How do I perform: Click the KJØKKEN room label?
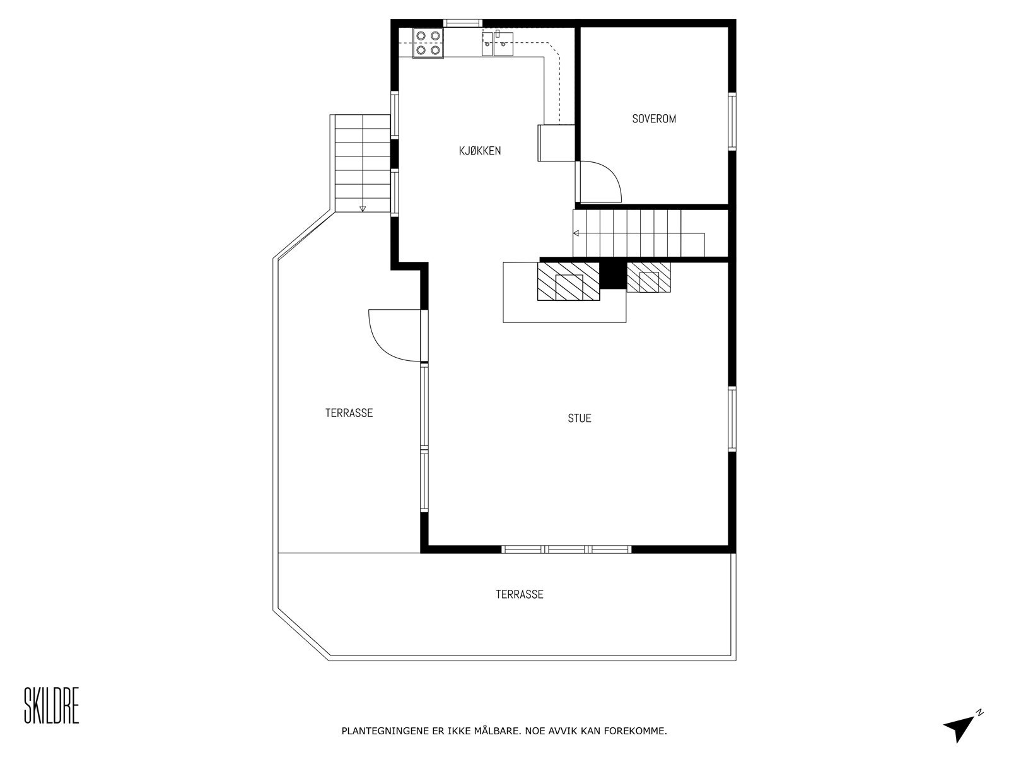[480, 151]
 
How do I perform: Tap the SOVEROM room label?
[654, 119]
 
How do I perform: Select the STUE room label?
[579, 418]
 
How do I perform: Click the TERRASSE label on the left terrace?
[349, 413]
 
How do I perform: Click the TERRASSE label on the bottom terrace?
[519, 594]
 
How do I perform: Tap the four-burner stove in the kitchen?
[428, 43]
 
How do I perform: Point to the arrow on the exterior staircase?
[362, 208]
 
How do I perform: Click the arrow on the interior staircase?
[576, 233]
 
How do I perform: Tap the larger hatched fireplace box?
[568, 281]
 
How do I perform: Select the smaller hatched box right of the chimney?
[648, 278]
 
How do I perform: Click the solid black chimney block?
[611, 274]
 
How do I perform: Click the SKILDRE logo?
[51, 707]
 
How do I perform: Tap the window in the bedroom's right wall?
[732, 121]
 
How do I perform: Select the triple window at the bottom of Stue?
[566, 549]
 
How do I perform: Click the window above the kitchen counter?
[463, 23]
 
